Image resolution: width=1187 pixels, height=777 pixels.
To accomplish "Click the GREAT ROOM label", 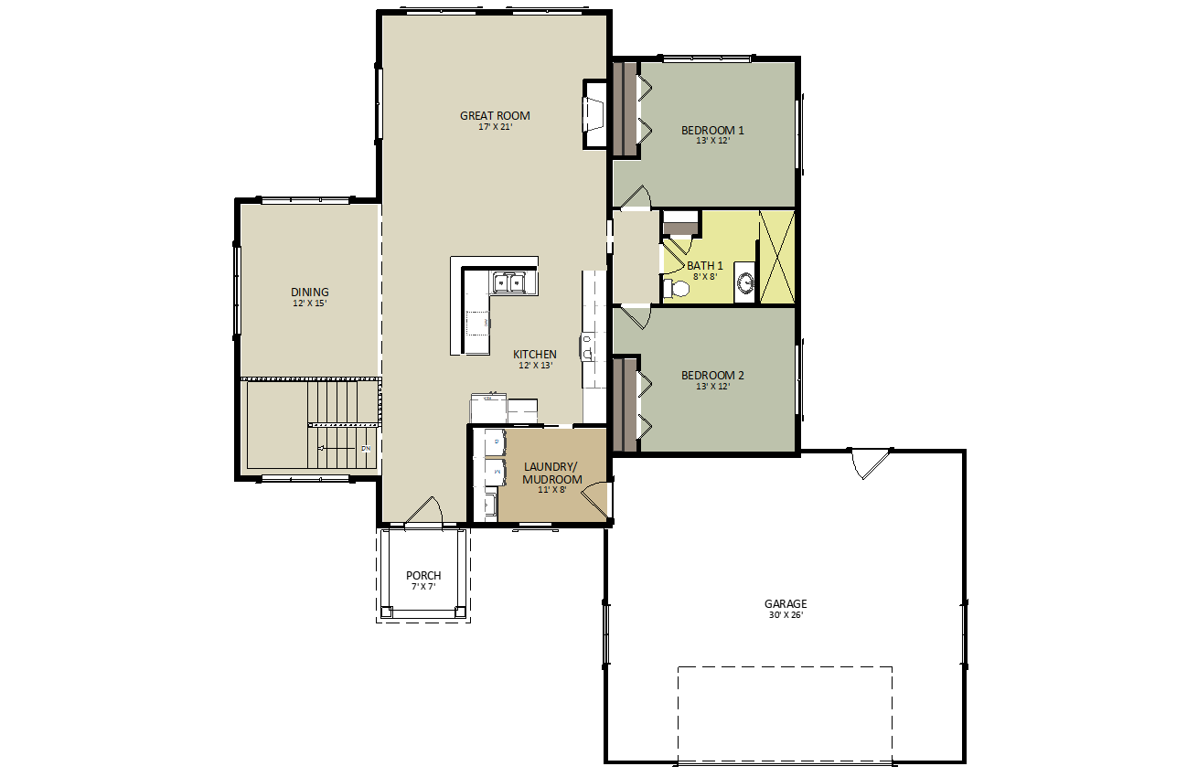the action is tap(495, 115).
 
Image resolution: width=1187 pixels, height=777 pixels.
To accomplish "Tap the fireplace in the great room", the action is tap(595, 114).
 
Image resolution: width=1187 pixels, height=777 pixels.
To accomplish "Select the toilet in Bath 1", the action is tap(677, 289).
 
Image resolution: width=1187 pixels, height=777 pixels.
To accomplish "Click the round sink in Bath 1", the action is tap(746, 282).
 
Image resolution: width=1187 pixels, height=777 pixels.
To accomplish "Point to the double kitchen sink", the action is tap(508, 282).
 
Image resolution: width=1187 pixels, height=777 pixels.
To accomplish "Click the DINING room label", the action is tap(309, 292).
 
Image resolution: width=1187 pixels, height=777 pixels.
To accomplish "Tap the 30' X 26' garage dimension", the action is tap(786, 615).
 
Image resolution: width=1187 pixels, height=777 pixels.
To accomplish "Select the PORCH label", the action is tap(423, 575).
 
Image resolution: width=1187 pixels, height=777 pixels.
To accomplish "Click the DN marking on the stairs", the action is tap(366, 449).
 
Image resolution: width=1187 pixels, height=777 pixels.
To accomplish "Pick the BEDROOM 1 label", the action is tap(712, 131).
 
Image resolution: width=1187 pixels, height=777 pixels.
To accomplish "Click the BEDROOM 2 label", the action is tap(712, 376).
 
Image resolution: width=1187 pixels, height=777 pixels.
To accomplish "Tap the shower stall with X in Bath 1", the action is tap(777, 258).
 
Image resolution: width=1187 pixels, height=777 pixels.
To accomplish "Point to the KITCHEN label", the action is tap(535, 355).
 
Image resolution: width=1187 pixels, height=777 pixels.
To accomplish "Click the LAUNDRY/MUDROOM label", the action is tap(552, 473).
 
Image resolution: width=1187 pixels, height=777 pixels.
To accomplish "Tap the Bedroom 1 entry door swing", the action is tap(635, 197).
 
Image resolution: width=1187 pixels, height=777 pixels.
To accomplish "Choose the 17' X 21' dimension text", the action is tap(495, 127).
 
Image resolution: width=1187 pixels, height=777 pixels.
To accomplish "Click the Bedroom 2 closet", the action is tap(626, 405).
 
